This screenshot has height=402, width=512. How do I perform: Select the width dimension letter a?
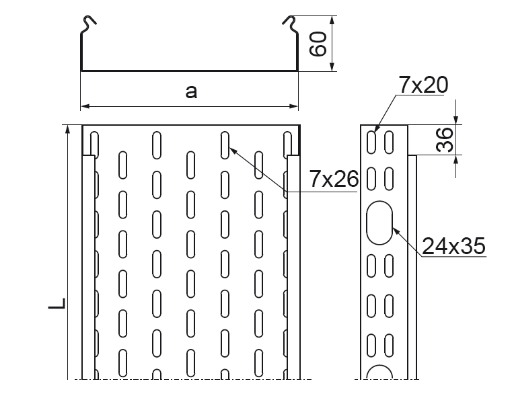pyautogui.click(x=192, y=92)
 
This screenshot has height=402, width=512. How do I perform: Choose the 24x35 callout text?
pyautogui.click(x=453, y=246)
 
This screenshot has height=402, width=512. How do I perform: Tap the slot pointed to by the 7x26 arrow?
pyautogui.click(x=225, y=143)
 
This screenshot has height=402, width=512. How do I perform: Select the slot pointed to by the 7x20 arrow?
pyautogui.click(x=372, y=140)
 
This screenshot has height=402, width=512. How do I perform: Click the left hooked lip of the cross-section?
pyautogui.click(x=88, y=24)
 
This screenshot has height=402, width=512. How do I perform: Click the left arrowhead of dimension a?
pyautogui.click(x=85, y=106)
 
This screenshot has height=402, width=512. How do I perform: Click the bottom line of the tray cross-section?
pyautogui.click(x=190, y=70)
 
